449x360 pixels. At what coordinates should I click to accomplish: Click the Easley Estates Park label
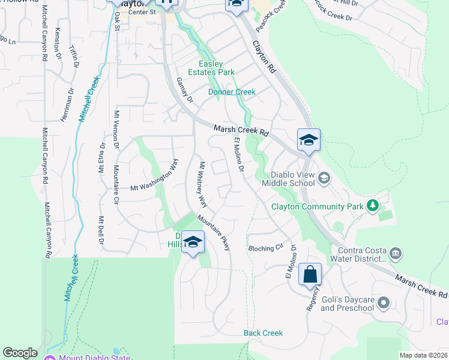click(217, 68)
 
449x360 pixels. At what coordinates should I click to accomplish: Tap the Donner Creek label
click(232, 92)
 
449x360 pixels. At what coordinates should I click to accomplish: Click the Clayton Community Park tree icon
click(373, 206)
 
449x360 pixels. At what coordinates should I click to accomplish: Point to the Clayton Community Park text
click(317, 206)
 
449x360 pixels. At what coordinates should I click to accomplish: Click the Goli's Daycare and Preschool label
click(347, 304)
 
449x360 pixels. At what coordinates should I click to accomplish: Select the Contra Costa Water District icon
click(395, 253)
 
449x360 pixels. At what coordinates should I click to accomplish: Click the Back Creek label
click(263, 333)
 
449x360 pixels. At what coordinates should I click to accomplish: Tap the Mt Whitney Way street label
click(202, 184)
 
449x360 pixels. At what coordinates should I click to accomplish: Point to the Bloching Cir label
click(265, 248)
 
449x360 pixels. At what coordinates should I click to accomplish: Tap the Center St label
click(142, 11)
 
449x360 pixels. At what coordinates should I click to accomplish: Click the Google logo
click(20, 353)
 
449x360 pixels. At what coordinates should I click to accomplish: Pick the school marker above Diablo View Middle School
click(309, 140)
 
